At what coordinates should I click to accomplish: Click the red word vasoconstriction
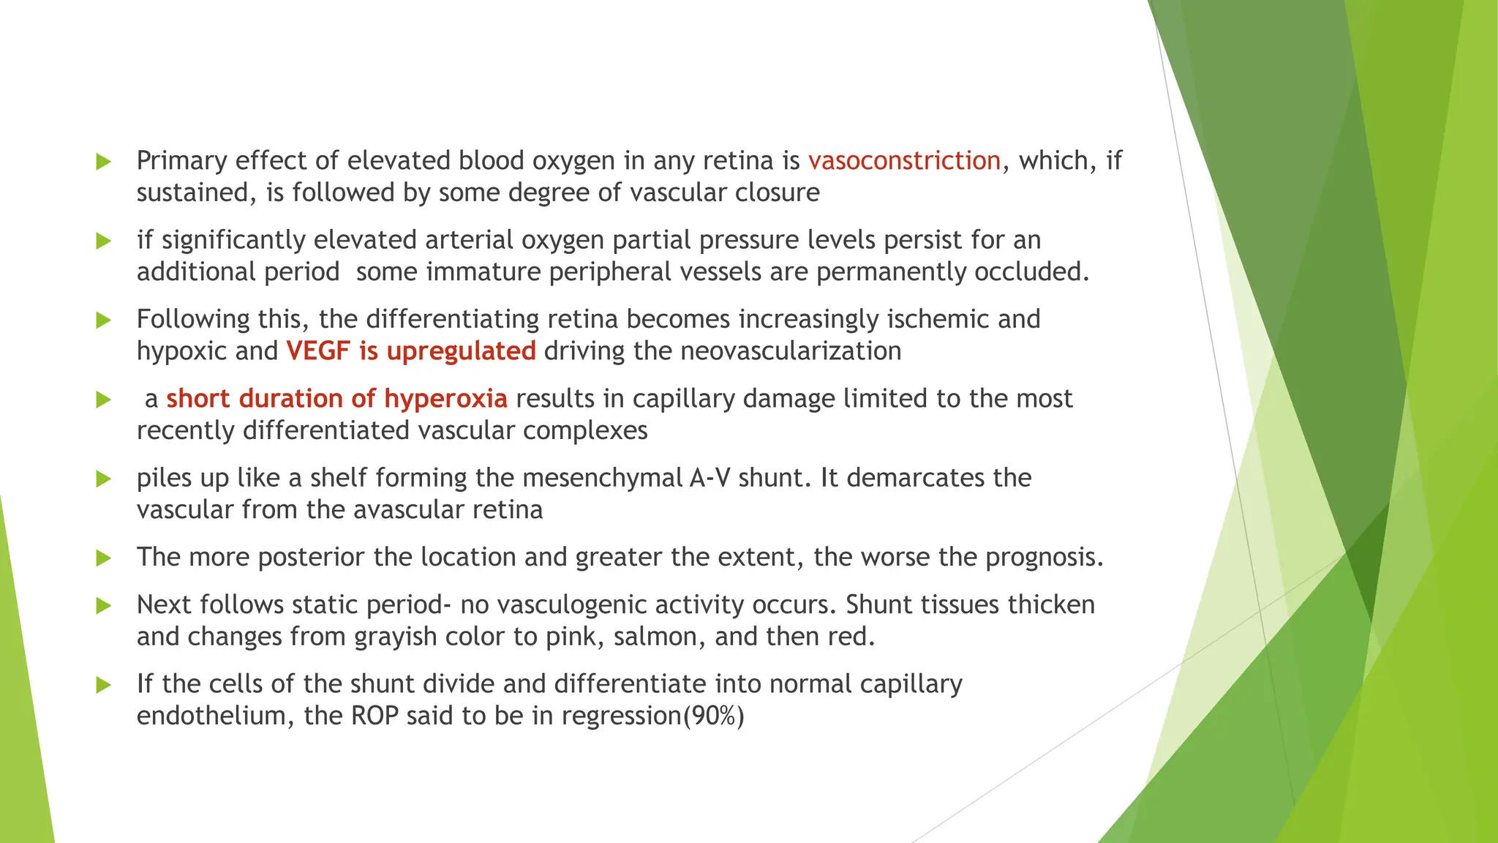(x=904, y=160)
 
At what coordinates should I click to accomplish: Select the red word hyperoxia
(x=445, y=399)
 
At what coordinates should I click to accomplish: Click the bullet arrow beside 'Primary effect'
(x=104, y=161)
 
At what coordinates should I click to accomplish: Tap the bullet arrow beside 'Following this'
(x=104, y=320)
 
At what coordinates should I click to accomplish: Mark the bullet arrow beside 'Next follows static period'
(x=104, y=605)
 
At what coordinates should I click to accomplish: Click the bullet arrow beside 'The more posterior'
(x=104, y=558)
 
